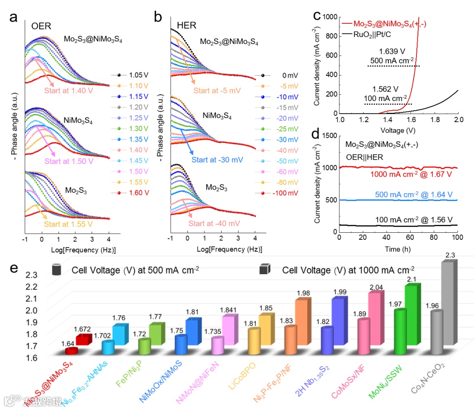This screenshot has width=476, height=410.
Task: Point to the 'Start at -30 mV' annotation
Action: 219,159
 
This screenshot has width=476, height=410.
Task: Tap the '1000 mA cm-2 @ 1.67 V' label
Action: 406,175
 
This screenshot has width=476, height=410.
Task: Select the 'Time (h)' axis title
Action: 398,249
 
